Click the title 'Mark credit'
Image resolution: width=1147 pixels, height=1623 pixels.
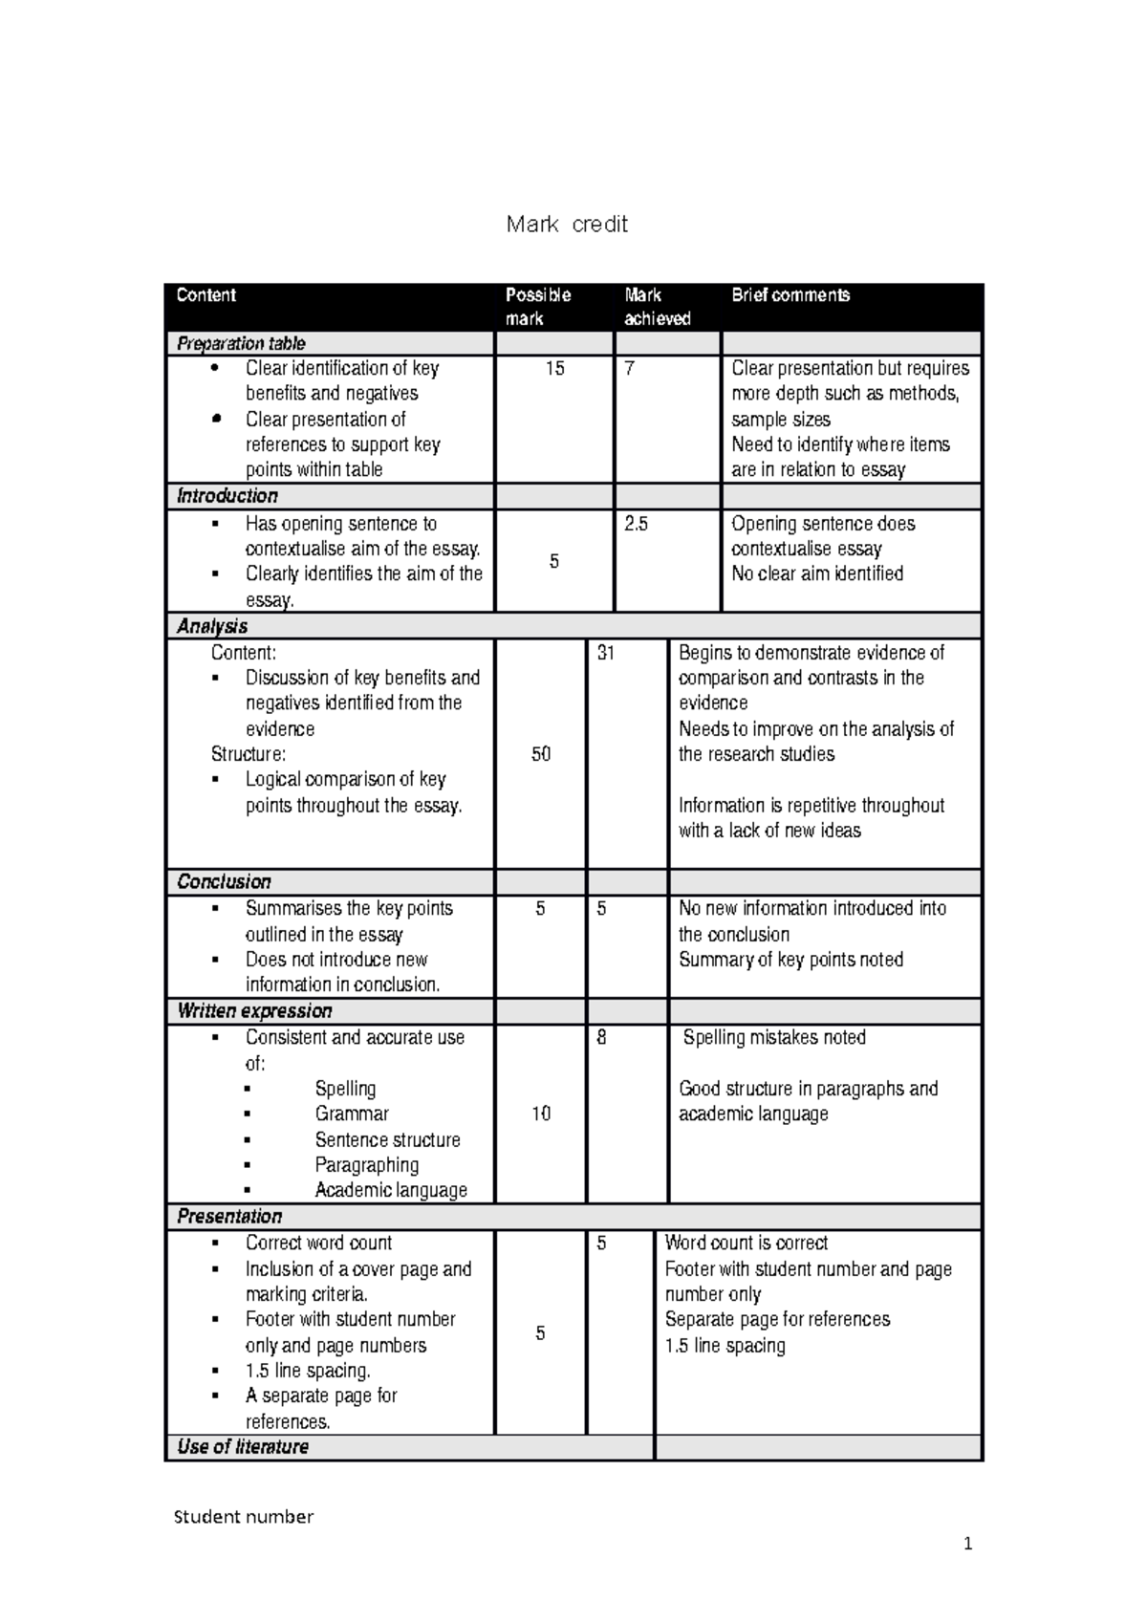[567, 225]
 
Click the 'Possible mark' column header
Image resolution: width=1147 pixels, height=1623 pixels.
[538, 306]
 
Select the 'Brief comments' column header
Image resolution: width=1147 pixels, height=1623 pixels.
[790, 295]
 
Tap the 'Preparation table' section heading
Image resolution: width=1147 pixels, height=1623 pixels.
[241, 343]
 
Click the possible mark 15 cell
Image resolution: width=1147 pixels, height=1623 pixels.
[554, 368]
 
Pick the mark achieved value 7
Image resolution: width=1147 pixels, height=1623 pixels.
[629, 368]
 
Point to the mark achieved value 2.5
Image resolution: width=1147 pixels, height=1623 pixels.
[636, 524]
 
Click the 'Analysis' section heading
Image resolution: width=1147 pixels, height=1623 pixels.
[212, 626]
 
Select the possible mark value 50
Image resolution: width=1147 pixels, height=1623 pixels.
[541, 754]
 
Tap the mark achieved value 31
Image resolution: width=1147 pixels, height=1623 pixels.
[605, 653]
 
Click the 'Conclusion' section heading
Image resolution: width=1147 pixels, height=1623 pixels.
[224, 881]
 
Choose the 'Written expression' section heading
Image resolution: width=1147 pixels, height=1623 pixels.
[254, 1010]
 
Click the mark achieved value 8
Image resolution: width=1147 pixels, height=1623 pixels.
[601, 1037]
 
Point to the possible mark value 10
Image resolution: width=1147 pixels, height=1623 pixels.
[541, 1114]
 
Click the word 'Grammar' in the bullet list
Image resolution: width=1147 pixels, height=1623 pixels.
[352, 1114]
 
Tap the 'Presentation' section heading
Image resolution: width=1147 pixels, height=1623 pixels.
[229, 1216]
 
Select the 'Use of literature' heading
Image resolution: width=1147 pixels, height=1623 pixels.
[243, 1446]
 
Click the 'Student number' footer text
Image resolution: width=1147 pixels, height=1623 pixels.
[244, 1517]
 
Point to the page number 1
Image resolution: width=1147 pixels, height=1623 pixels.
[967, 1544]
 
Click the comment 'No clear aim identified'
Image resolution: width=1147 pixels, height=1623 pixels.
[817, 573]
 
